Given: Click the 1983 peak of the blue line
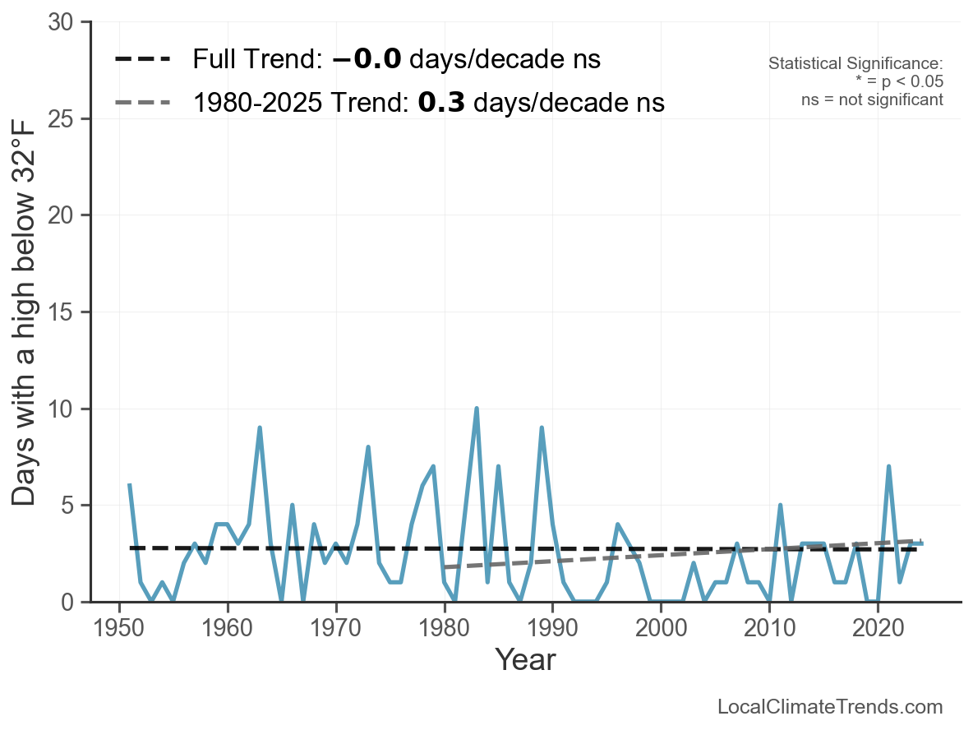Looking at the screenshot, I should [x=477, y=409].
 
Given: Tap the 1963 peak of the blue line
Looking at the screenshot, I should [x=260, y=428].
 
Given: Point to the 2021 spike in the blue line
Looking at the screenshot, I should [x=889, y=467].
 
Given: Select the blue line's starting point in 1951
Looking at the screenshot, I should [x=130, y=486].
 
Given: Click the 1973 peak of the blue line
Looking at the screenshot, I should [x=368, y=447].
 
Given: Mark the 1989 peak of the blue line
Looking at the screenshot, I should [x=542, y=428].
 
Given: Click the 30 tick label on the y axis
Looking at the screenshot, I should [x=64, y=23].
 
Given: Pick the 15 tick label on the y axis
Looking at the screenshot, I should [x=64, y=312].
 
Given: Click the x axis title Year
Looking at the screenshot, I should [x=525, y=659].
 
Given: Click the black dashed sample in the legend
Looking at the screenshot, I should [x=143, y=60].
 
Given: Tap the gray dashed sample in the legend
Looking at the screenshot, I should [x=143, y=103].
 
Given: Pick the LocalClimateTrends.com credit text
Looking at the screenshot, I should [x=830, y=706].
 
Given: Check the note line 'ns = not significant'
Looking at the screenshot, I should [x=872, y=99].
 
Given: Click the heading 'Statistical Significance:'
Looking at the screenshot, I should [x=855, y=63].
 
